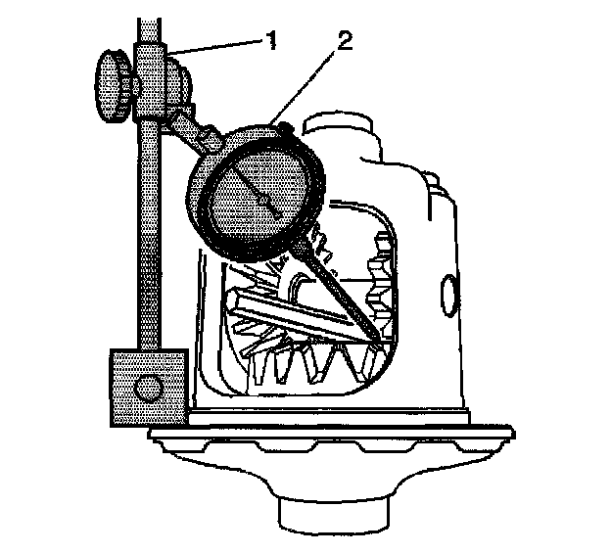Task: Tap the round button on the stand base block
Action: pos(149,389)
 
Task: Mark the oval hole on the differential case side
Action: pos(451,295)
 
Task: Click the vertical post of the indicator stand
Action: pos(148,245)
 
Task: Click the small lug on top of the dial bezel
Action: pos(282,125)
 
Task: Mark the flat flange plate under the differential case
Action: pos(333,431)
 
